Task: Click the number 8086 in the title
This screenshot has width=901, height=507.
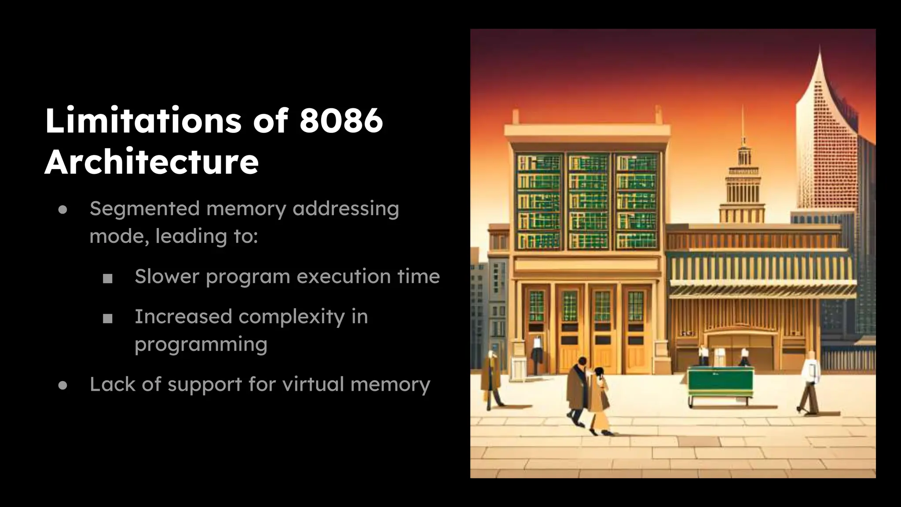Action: pos(341,120)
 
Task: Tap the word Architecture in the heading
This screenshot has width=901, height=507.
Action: pos(152,162)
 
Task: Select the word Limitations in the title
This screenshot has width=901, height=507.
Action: pos(143,120)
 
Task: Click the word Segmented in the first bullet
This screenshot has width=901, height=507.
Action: pos(145,209)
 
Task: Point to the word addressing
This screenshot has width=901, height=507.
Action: pos(346,209)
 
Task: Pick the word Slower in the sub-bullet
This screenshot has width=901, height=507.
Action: pos(167,276)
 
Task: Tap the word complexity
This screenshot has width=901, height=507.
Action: pos(292,317)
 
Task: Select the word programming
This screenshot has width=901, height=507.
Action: pos(201,345)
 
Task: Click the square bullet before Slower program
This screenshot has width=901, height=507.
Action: pos(108,278)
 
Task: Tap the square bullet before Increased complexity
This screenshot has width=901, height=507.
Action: pos(108,318)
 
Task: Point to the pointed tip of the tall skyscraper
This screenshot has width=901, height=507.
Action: pos(820,51)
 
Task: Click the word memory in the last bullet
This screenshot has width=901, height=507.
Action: pos(390,384)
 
